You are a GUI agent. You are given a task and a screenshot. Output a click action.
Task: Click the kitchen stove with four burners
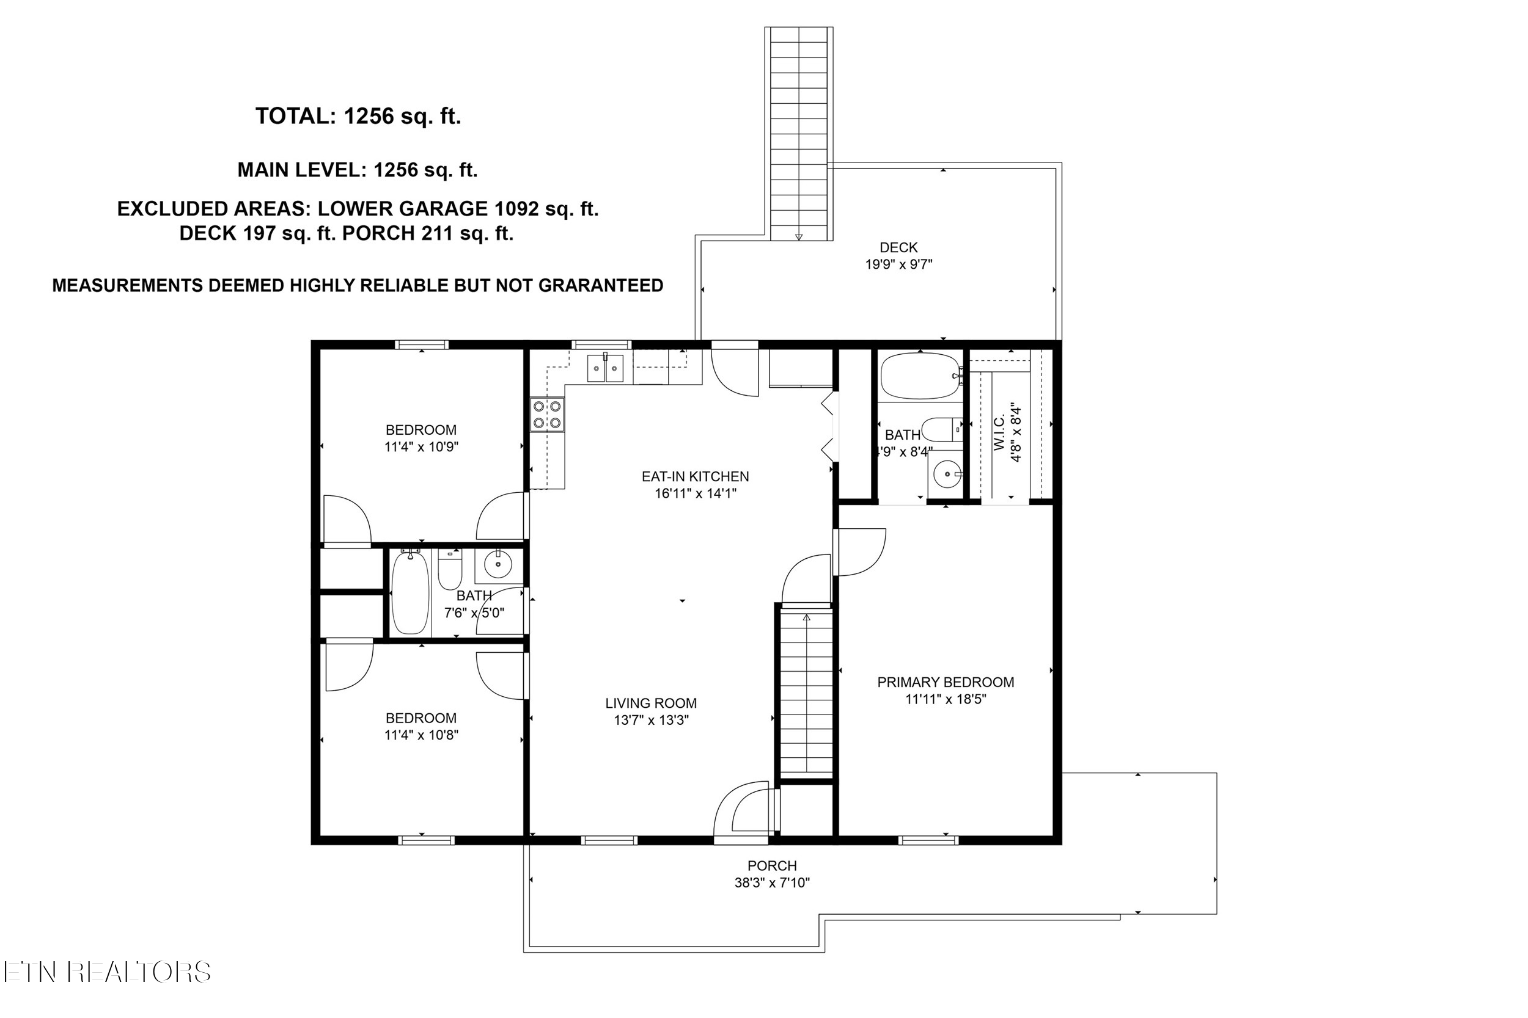click(x=547, y=415)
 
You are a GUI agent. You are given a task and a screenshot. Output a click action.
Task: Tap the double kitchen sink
click(x=605, y=368)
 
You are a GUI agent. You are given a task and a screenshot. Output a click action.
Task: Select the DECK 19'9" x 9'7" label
click(x=898, y=256)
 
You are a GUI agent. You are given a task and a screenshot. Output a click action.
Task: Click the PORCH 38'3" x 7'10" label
click(x=772, y=874)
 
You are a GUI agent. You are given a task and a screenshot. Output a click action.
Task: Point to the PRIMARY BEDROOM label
click(x=946, y=682)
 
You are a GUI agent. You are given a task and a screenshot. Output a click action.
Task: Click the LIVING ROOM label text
click(x=651, y=703)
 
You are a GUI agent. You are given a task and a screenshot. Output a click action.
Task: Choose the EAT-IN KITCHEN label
click(x=695, y=476)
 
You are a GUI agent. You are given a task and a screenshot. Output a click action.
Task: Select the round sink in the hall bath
click(x=498, y=565)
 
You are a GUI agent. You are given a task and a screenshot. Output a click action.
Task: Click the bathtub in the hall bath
click(x=410, y=592)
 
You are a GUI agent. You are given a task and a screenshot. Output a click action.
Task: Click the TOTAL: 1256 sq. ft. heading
click(x=358, y=116)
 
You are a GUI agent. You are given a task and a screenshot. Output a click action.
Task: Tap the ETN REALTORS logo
click(x=107, y=972)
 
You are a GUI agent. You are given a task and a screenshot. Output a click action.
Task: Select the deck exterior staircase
click(x=798, y=133)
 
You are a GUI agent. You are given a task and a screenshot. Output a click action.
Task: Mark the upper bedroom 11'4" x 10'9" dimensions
click(x=421, y=446)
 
